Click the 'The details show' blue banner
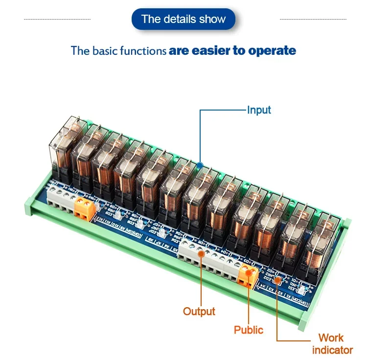tap(183, 20)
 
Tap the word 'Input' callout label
tap(259, 110)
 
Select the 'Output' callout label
tap(199, 311)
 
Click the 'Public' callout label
tap(248, 330)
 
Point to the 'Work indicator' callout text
tap(332, 343)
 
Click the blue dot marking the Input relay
tap(200, 166)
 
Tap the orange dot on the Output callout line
tap(201, 254)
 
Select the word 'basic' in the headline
tap(104, 50)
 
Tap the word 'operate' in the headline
tap(272, 50)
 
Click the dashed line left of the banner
tap(57, 20)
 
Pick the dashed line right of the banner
tap(313, 20)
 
